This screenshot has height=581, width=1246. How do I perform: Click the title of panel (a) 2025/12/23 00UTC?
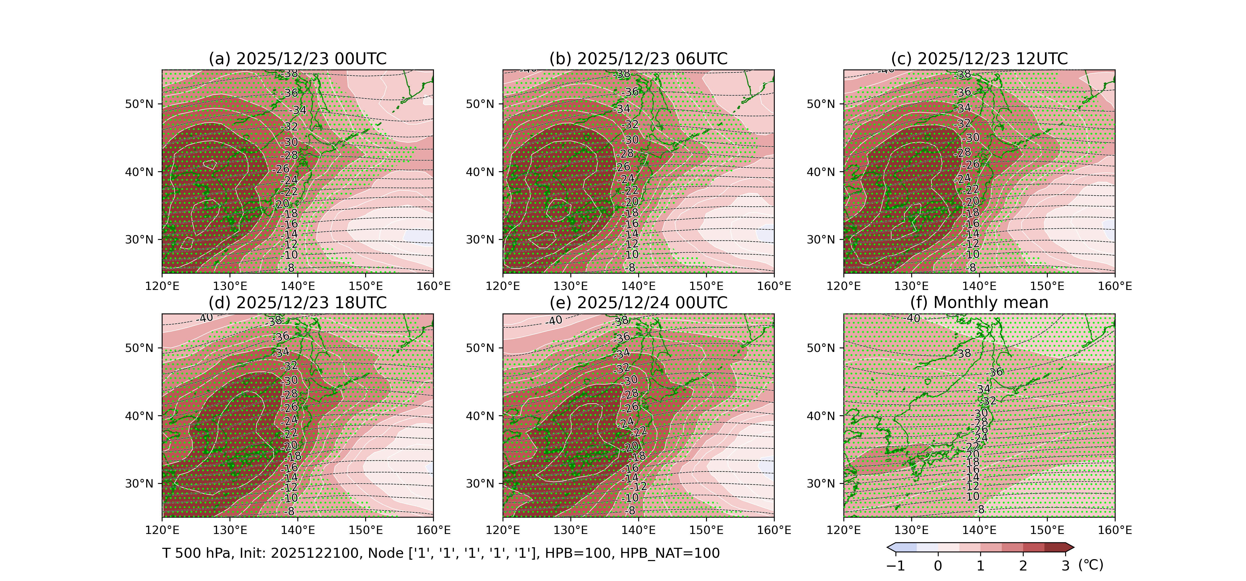297,59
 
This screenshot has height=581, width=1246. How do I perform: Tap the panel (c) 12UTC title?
979,59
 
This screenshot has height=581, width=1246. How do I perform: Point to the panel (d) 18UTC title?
297,303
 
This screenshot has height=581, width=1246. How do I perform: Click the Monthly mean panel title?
979,303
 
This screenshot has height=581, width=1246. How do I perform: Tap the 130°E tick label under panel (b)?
571,286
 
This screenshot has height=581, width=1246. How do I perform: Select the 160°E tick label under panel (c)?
1114,286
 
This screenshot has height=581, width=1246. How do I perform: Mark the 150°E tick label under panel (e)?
706,530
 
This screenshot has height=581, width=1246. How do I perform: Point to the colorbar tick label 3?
1065,566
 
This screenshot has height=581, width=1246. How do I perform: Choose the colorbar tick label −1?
895,566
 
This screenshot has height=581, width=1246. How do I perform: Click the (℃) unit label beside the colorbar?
1091,565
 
